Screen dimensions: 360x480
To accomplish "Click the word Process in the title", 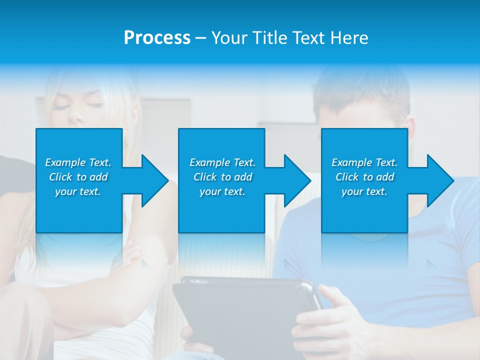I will coord(157,38).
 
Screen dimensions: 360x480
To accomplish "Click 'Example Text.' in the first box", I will coord(78,162).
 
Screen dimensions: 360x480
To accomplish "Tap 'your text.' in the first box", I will coord(78,191).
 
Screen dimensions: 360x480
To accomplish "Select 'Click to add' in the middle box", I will coord(222,177).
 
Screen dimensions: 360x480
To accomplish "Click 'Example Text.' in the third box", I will coord(364,162).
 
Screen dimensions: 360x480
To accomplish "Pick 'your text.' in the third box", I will coord(364,191).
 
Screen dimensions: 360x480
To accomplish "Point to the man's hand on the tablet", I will coord(325,320).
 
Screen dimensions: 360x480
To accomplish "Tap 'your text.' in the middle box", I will coord(222,191).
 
